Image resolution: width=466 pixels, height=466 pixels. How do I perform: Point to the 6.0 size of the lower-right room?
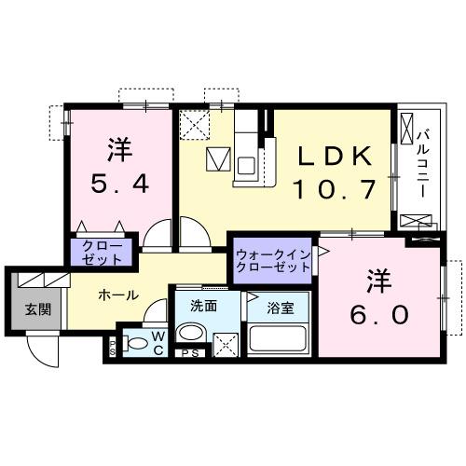point(378,315)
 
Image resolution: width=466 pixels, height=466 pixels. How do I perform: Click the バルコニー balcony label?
point(421,162)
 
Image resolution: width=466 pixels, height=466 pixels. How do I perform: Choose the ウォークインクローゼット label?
point(272,259)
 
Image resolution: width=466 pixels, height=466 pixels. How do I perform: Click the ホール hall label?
point(119,295)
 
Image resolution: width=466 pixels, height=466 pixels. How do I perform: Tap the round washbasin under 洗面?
point(192,334)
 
